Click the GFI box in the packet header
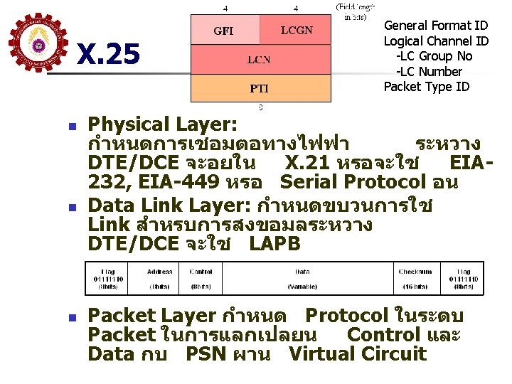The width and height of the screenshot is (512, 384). tap(225, 31)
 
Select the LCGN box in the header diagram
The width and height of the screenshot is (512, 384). tap(296, 31)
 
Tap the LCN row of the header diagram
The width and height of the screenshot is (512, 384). tap(260, 60)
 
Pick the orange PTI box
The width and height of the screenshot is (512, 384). tap(260, 88)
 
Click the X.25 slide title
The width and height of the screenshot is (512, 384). tap(108, 55)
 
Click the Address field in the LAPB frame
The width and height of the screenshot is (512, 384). tap(159, 279)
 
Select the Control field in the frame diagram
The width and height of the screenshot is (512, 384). tap(201, 279)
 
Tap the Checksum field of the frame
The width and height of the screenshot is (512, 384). tap(415, 279)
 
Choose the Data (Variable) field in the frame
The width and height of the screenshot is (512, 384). tap(302, 279)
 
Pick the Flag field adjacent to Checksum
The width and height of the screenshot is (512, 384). tap(464, 279)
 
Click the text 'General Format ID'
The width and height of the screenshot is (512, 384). tap(436, 26)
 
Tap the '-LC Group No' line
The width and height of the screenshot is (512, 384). tap(434, 56)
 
